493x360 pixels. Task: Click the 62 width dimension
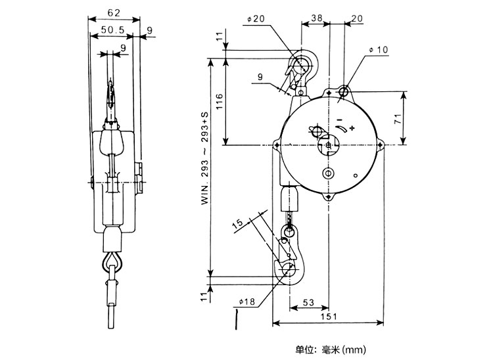click(113, 12)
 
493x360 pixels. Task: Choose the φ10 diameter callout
click(379, 49)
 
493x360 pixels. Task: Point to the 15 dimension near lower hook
click(239, 224)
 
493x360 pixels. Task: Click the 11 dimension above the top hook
click(219, 39)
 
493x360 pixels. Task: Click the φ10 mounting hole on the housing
click(344, 91)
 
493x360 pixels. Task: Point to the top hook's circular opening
click(302, 65)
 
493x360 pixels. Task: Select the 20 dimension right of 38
click(357, 19)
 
